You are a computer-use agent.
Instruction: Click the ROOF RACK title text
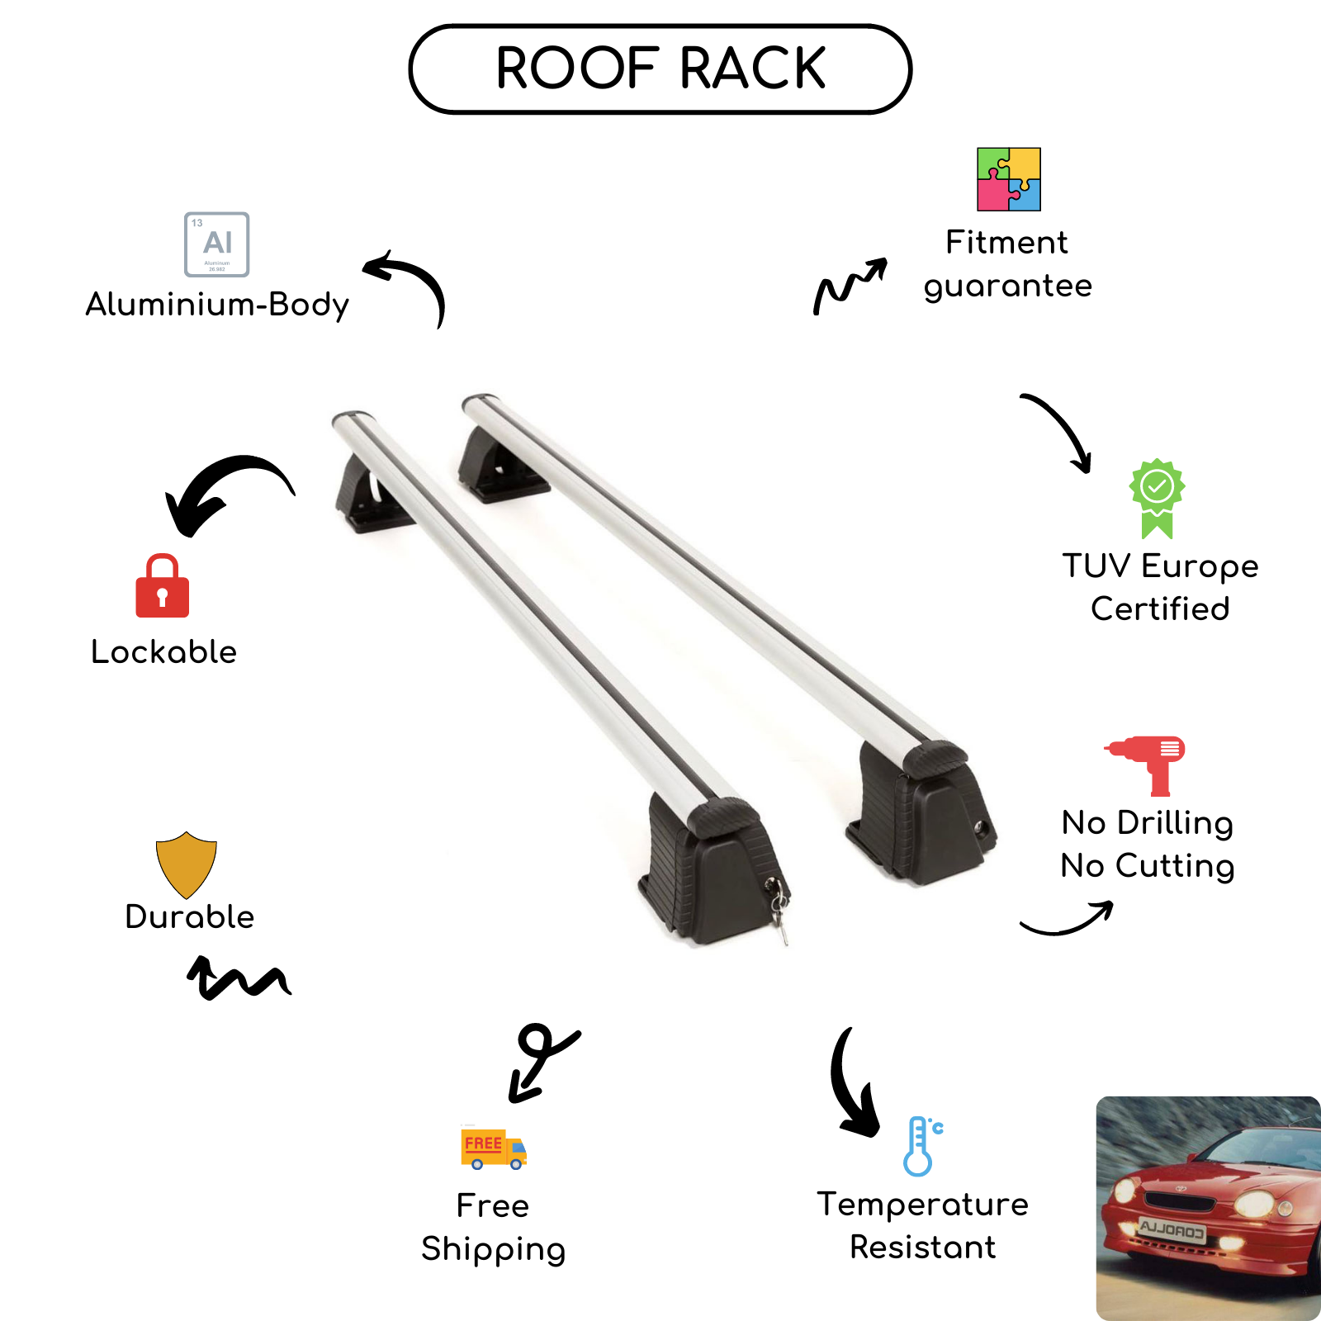click(660, 69)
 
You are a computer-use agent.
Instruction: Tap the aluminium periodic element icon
click(217, 244)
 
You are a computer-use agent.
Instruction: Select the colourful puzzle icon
click(1008, 179)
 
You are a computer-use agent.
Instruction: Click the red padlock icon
click(163, 587)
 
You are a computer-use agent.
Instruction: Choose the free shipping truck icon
click(493, 1148)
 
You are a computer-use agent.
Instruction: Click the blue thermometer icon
click(921, 1146)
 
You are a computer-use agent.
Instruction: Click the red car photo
click(1208, 1208)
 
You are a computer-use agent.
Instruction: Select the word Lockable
click(163, 652)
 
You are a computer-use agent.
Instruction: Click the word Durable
click(190, 917)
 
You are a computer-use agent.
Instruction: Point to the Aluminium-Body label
click(217, 305)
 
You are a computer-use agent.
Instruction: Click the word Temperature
click(922, 1205)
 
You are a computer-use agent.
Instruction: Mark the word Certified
click(1160, 609)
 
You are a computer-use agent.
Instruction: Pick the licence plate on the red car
click(1172, 1231)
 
